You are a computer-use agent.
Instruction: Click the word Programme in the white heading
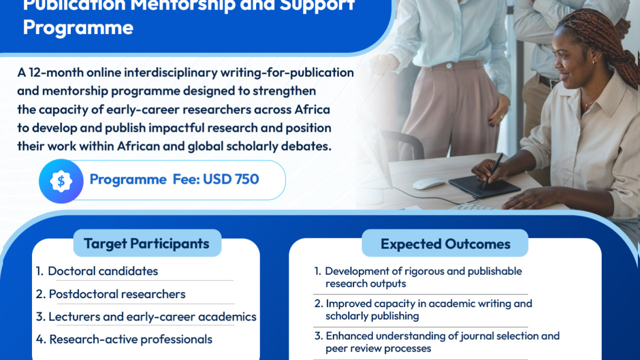[x=78, y=28]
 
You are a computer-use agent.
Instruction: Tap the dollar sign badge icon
[x=61, y=181]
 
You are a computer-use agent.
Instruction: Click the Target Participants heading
[x=147, y=244]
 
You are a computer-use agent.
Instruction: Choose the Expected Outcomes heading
[x=445, y=244]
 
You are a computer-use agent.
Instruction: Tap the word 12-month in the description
[x=57, y=73]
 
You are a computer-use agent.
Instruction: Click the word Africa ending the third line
[x=313, y=109]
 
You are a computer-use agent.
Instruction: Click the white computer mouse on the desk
[x=429, y=183]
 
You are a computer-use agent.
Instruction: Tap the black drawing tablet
[x=484, y=187]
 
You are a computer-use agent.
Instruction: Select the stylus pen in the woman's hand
[x=493, y=171]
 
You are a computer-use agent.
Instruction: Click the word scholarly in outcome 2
[x=339, y=316]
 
